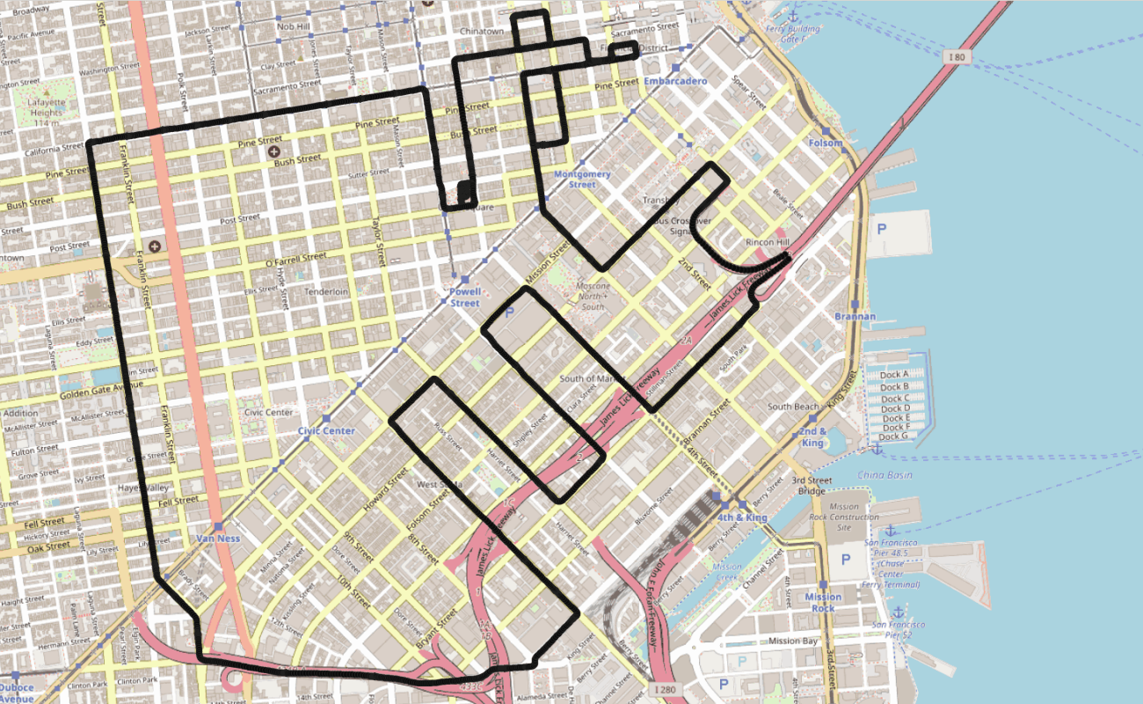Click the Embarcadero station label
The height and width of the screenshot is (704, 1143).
point(675,81)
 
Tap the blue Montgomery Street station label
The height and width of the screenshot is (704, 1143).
point(581,180)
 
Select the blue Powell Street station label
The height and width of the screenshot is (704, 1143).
point(465,297)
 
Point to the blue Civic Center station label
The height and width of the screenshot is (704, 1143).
point(326,431)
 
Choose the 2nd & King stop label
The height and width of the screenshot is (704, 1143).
point(812,437)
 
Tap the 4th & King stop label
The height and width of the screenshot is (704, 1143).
point(742,517)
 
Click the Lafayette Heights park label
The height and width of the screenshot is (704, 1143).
point(47,113)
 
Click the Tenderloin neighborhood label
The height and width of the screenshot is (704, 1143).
point(326,291)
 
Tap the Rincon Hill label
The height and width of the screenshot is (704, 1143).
point(767,242)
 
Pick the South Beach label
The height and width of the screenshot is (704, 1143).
point(793,407)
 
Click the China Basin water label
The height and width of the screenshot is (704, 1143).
point(884,475)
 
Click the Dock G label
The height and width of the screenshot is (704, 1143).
point(893,436)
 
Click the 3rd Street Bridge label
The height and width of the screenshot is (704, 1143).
point(812,486)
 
